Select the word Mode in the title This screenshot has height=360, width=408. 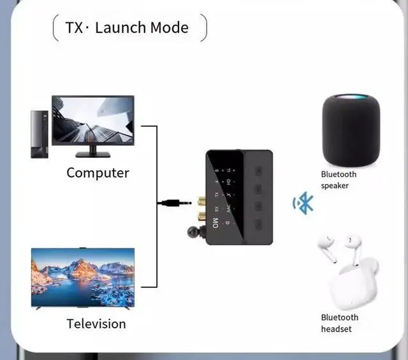pyautogui.click(x=169, y=27)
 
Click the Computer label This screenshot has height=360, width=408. pyautogui.click(x=98, y=173)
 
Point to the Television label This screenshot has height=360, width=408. pyautogui.click(x=96, y=324)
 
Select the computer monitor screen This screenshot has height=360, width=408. pyautogui.click(x=92, y=120)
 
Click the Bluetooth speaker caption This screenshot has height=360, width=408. pyautogui.click(x=339, y=180)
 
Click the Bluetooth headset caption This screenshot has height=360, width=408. pyautogui.click(x=339, y=323)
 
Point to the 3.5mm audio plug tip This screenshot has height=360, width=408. pyautogui.click(x=164, y=203)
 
